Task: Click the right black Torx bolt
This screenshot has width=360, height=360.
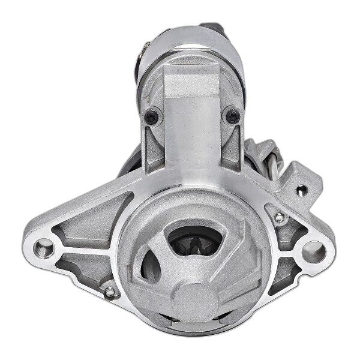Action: tap(232, 116)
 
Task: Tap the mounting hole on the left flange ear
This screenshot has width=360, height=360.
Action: tap(44, 246)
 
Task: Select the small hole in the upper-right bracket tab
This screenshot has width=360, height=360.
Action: tap(302, 190)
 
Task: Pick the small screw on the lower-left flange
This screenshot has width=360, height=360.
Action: tap(109, 292)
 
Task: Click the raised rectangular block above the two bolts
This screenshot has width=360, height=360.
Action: tap(192, 81)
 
